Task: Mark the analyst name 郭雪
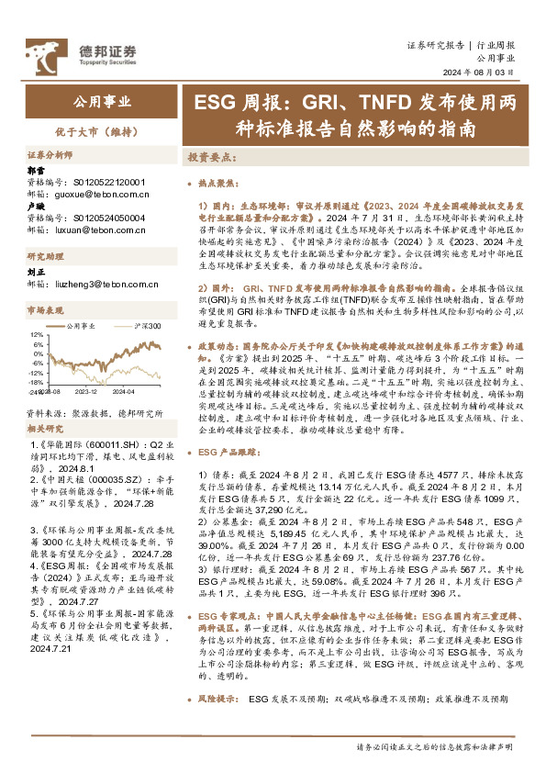[x=35, y=171]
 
